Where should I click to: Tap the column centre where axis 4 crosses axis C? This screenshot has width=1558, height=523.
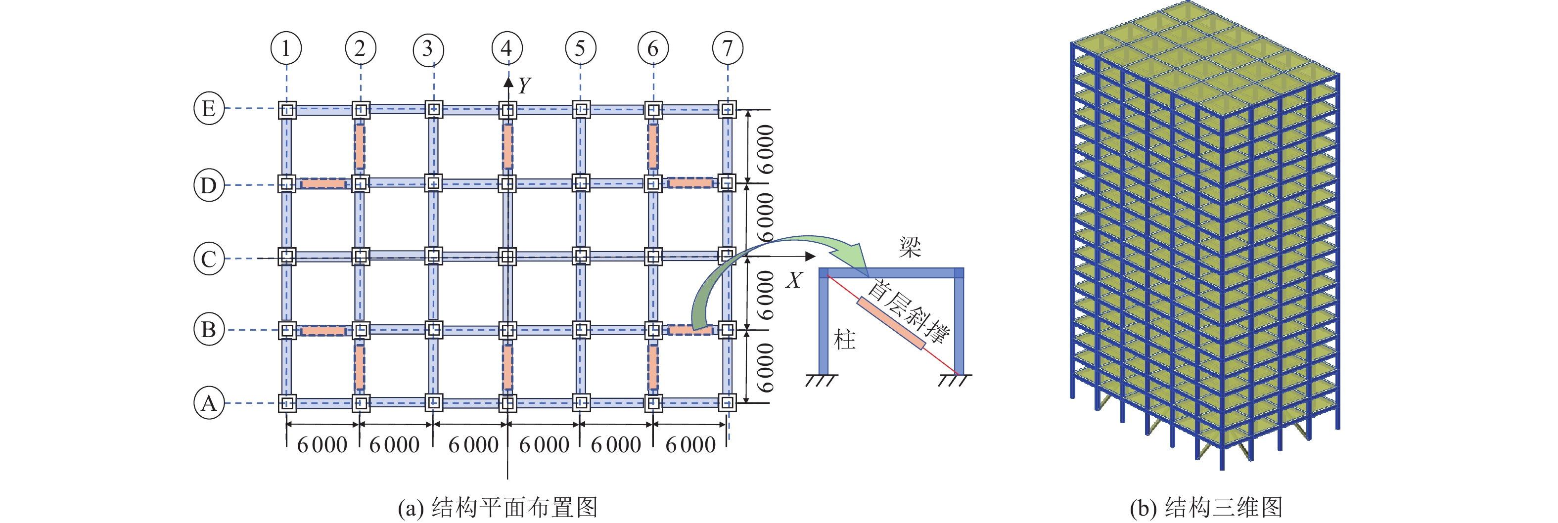(x=507, y=257)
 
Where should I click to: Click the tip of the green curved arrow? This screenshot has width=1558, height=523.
(x=869, y=277)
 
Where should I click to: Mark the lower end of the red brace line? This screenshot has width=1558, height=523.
(x=958, y=374)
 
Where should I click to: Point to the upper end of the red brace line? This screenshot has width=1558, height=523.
(x=827, y=276)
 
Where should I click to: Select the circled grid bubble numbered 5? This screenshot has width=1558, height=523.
(x=581, y=48)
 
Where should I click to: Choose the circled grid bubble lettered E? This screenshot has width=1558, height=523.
(x=209, y=109)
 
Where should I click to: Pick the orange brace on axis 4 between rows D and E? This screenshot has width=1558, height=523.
(x=507, y=146)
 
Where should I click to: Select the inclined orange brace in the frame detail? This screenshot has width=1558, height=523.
(x=891, y=323)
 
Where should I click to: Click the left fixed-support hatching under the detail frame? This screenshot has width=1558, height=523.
(x=822, y=380)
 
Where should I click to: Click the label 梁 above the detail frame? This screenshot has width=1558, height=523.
(x=910, y=247)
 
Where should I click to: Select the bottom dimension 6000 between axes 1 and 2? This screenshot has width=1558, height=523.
(x=322, y=445)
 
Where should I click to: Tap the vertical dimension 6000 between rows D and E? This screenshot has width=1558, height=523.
(x=765, y=149)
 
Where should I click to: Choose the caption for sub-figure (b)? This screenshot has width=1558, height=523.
(x=1206, y=507)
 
